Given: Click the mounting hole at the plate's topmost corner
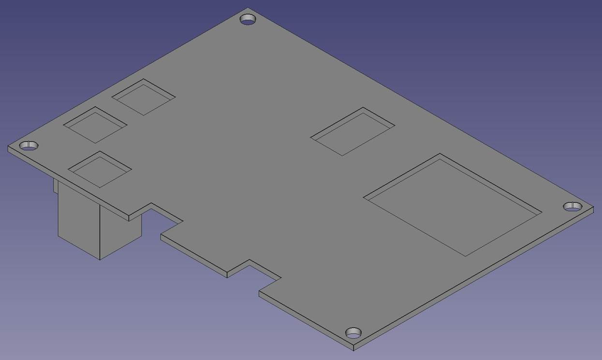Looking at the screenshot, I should coord(248,20).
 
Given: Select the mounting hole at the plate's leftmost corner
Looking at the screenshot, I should coord(29,145).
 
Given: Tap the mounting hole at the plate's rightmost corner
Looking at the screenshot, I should coord(573,207).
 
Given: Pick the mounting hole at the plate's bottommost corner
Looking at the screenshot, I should coord(353,333).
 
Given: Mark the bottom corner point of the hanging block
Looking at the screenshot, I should coord(100,259).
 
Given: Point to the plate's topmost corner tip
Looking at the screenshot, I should coord(248,8).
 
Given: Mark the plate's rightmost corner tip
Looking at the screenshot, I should coord(593,208).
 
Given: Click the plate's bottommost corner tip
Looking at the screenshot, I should coord(353,349).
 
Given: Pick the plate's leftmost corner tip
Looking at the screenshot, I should coord(8,146).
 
